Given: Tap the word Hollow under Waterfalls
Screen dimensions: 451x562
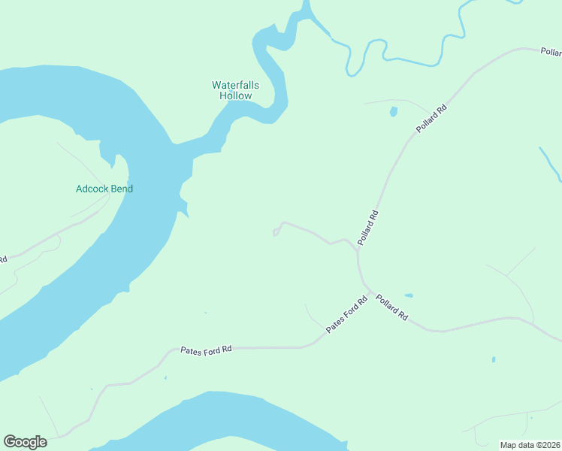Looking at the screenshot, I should click(236, 96).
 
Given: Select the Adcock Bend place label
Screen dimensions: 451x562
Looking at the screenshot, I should click(104, 189).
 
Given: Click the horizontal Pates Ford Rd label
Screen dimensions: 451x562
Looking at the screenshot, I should click(207, 350).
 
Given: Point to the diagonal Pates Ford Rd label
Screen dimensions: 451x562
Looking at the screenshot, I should click(346, 315).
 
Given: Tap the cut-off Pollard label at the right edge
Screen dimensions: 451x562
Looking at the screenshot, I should click(551, 52).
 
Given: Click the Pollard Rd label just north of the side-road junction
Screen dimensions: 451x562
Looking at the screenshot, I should click(368, 228).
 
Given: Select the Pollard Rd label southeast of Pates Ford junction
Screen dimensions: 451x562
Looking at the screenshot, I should click(391, 307).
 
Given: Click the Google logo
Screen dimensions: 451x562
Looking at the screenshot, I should click(25, 442).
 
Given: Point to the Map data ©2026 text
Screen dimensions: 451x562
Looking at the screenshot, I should click(530, 444).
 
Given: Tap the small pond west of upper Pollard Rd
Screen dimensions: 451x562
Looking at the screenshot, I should click(393, 112).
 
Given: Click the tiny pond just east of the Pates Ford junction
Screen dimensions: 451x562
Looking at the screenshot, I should click(408, 295).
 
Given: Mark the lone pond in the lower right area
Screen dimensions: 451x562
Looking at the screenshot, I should click(494, 359).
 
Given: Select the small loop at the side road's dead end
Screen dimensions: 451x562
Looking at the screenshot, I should click(276, 233).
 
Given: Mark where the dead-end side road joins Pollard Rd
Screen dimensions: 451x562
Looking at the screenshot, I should click(357, 248).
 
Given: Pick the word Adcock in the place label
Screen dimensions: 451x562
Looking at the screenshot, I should click(92, 189).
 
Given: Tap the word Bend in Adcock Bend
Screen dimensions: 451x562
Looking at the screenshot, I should click(122, 189).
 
